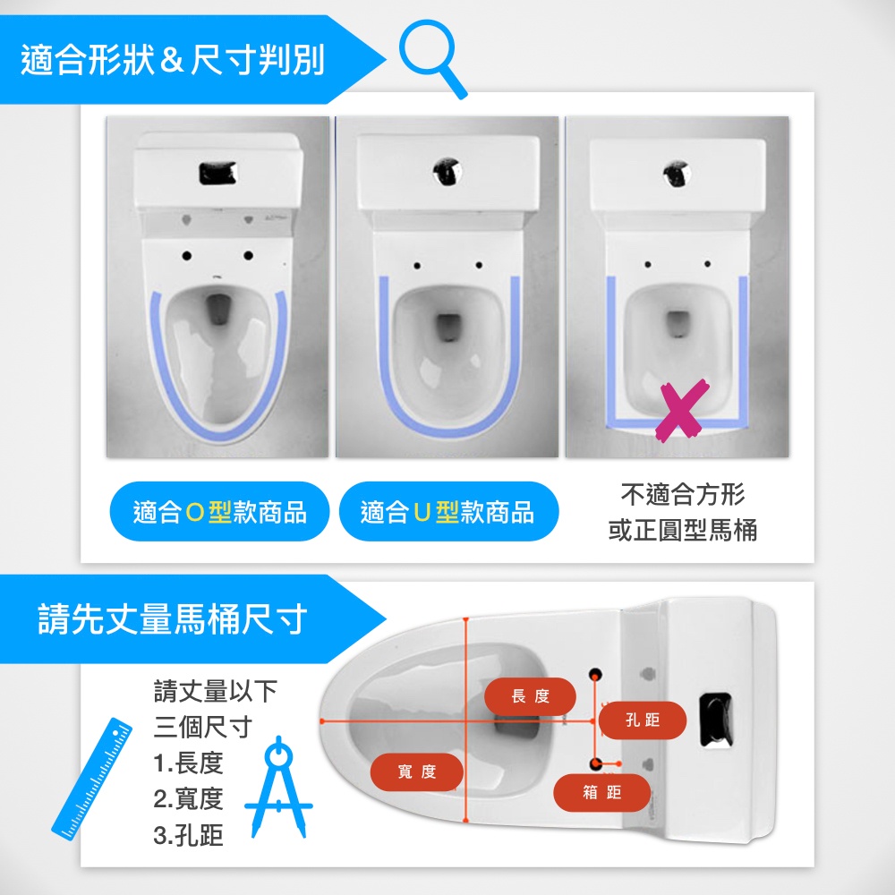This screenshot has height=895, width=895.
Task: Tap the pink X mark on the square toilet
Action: [x=683, y=410]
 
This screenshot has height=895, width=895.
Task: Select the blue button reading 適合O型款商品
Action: [x=220, y=511]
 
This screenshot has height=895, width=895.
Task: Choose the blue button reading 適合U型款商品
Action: [x=448, y=511]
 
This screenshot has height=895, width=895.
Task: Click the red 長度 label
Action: [x=530, y=695]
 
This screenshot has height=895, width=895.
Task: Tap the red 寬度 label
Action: [x=417, y=771]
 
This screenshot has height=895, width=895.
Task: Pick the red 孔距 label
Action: [x=642, y=720]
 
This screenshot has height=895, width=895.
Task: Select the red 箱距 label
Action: [x=602, y=792]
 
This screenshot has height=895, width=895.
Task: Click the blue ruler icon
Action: [x=91, y=780]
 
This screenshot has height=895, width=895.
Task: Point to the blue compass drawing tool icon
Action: [x=278, y=788]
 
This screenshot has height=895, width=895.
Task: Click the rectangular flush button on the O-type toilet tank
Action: [x=217, y=173]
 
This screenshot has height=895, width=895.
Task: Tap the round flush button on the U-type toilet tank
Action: [x=447, y=171]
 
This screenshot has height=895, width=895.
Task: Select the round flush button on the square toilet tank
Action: [x=678, y=174]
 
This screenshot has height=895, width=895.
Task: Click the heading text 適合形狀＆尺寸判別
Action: [x=173, y=59]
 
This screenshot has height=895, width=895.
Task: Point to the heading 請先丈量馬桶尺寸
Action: [x=173, y=618]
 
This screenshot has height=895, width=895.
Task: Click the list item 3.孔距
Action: [x=188, y=835]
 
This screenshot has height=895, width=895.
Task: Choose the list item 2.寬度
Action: [x=188, y=798]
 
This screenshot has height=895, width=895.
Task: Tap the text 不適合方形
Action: [x=683, y=494]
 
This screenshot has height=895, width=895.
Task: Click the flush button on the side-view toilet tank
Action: [x=717, y=720]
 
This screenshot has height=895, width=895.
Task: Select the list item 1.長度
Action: [x=188, y=763]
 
